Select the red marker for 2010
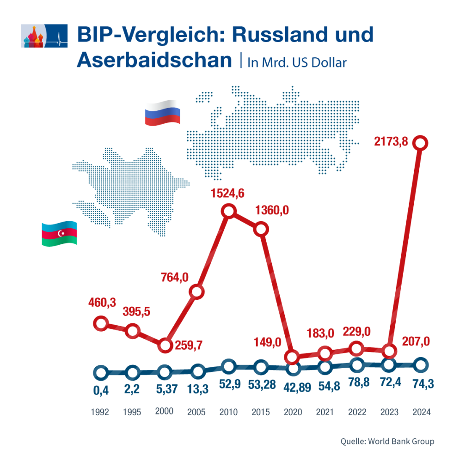pyautogui.click(x=228, y=212)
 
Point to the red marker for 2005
pyautogui.click(x=197, y=291)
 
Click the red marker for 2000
pyautogui.click(x=165, y=345)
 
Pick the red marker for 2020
pyautogui.click(x=292, y=357)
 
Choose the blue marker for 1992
pyautogui.click(x=101, y=372)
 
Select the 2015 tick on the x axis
pyautogui.click(x=261, y=412)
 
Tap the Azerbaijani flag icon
pyautogui.click(x=59, y=233)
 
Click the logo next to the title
pyautogui.click(x=44, y=36)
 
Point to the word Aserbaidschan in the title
pyautogui.click(x=154, y=60)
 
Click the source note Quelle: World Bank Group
pyautogui.click(x=387, y=441)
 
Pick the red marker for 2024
pyautogui.click(x=420, y=143)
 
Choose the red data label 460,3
pyautogui.click(x=102, y=303)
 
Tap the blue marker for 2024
pyautogui.click(x=420, y=365)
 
